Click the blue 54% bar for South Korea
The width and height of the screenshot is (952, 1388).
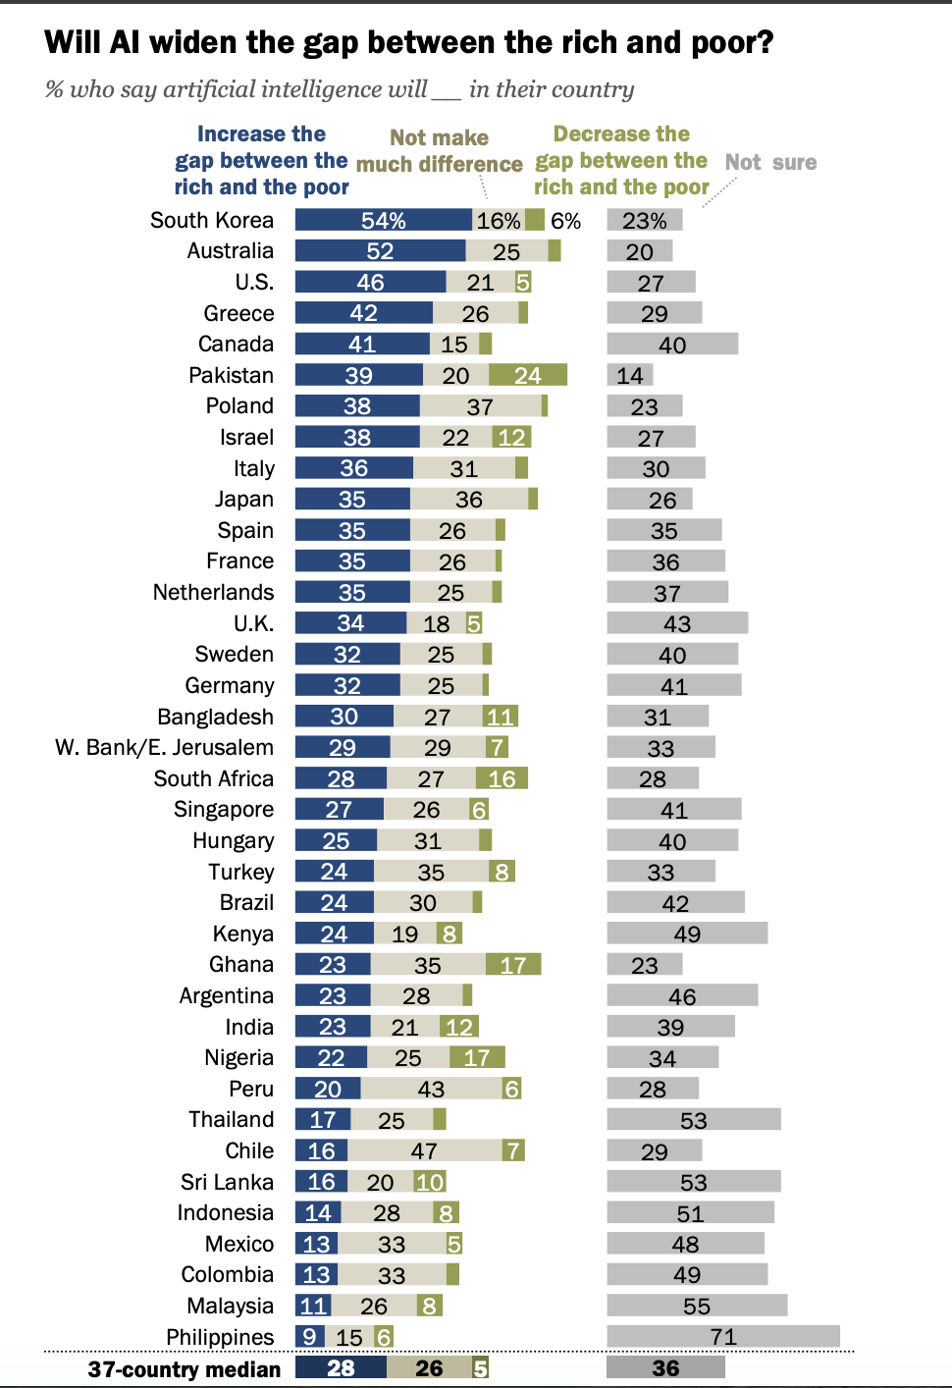384,220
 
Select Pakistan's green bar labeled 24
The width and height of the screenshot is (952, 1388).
528,375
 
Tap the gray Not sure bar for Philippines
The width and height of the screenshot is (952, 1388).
723,1336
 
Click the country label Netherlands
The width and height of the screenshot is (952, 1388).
213,592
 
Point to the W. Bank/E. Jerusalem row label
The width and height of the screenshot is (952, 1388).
164,747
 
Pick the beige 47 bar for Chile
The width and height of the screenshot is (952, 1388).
424,1150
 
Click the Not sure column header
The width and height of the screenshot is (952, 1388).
770,162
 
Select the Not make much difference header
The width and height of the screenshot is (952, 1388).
439,150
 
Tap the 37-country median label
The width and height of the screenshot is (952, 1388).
184,1368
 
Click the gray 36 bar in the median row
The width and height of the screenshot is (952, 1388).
665,1367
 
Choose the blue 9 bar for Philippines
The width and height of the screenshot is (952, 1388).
310,1336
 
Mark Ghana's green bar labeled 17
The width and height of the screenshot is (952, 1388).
513,964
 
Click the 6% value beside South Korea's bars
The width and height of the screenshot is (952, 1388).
565,221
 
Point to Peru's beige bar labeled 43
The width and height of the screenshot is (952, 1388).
431,1088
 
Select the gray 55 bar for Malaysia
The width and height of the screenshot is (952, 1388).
697,1305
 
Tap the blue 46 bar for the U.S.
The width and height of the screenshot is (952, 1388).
370,282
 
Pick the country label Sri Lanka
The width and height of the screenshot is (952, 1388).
227,1182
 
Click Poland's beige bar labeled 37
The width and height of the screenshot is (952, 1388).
481,405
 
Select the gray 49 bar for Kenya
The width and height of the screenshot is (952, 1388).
687,934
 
